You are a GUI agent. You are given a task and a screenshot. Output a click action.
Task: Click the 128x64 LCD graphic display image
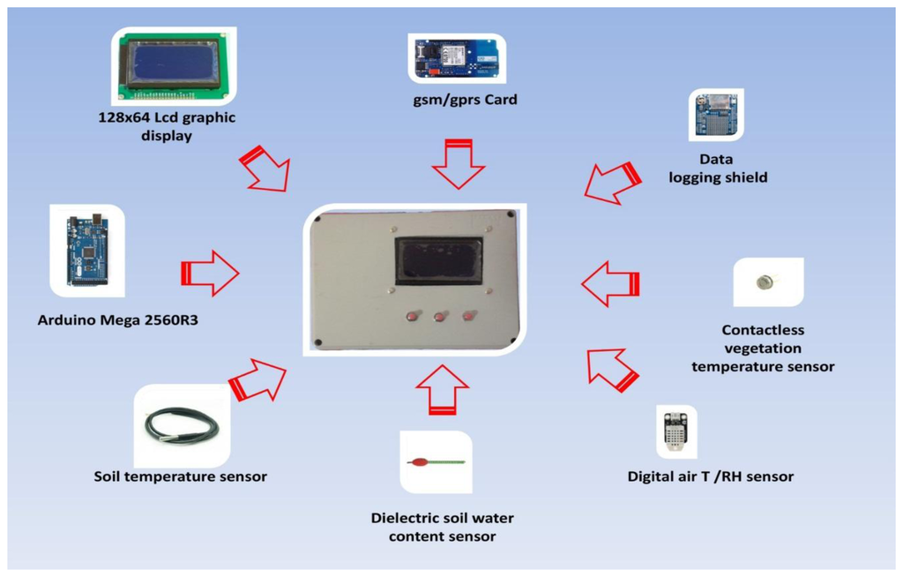[174, 66]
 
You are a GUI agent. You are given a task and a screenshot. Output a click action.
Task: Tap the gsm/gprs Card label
[465, 100]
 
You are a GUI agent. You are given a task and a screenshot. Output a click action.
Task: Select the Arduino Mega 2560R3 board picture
[86, 250]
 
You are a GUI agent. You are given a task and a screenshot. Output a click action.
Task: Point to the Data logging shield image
[715, 115]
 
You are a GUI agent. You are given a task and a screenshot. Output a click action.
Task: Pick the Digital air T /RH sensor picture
[676, 431]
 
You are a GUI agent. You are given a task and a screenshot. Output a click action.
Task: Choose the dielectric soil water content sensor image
[436, 461]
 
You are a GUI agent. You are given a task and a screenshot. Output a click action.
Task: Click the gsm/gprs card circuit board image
[457, 58]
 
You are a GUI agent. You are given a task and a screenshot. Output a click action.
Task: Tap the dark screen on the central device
[438, 260]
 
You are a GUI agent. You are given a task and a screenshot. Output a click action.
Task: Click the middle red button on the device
[439, 317]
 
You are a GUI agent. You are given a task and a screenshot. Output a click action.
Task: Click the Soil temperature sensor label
[180, 476]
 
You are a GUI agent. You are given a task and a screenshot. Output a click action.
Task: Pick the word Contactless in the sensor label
[763, 330]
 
